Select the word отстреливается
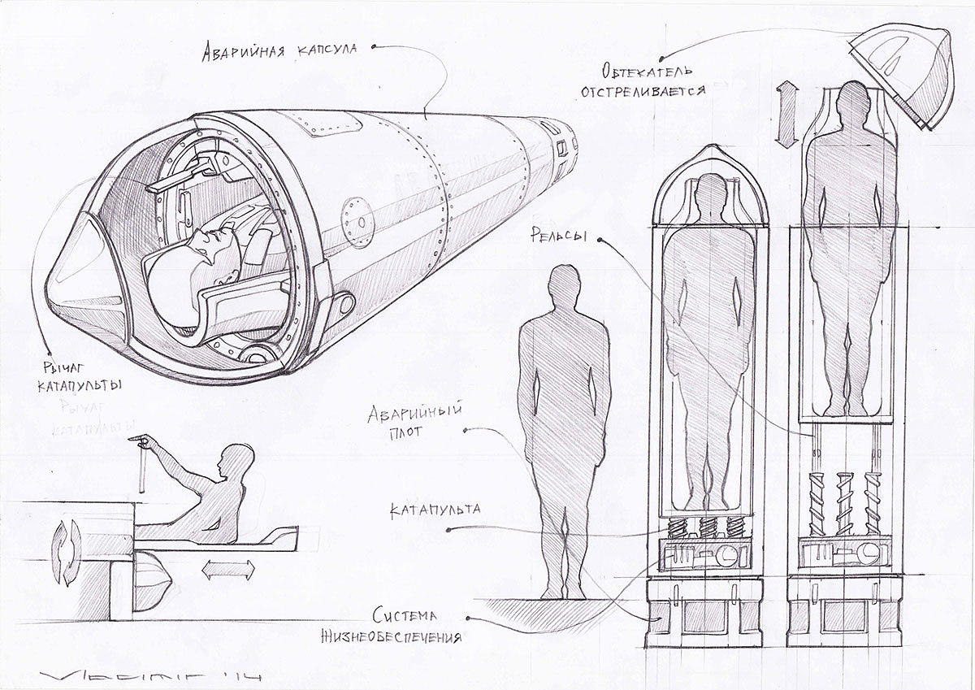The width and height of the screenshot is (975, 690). [642, 90]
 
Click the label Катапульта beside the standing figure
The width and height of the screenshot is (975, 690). [435, 511]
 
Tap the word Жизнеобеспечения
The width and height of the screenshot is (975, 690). [406, 637]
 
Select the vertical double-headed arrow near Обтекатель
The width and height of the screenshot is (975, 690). [786, 115]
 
